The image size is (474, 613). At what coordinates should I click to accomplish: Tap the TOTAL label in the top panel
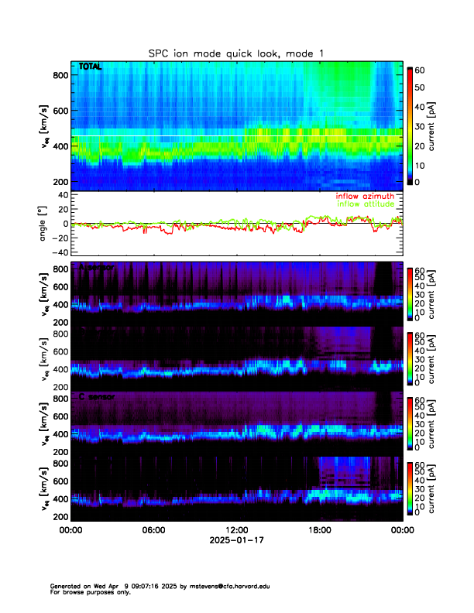click(91, 67)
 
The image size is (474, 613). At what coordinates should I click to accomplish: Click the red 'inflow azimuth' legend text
click(364, 196)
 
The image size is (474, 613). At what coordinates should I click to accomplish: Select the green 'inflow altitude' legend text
click(367, 204)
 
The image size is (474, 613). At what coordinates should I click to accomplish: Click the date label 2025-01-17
click(237, 540)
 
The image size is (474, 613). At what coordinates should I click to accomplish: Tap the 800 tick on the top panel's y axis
click(59, 75)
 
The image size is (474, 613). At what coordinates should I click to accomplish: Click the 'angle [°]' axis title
click(43, 223)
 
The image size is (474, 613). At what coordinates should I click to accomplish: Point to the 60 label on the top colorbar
click(423, 69)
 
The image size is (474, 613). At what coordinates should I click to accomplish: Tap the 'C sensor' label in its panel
click(96, 397)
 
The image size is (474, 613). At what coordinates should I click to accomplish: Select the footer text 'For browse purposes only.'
click(90, 592)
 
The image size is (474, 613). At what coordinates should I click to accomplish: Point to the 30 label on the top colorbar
click(423, 125)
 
